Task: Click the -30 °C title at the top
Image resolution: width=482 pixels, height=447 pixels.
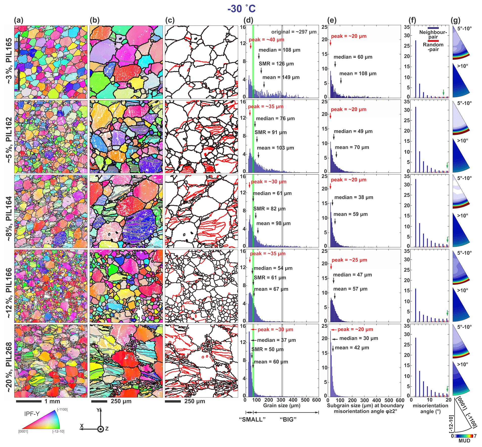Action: coord(241,9)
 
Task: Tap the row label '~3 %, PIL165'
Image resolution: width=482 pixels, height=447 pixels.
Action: coord(9,61)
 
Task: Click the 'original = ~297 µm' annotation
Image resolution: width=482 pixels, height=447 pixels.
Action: coord(294,32)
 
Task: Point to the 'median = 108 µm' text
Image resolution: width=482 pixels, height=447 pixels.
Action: coord(279,50)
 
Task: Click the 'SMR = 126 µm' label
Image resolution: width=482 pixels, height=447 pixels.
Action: coord(276,64)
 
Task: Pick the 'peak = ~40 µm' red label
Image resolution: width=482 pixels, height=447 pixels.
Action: coord(266,40)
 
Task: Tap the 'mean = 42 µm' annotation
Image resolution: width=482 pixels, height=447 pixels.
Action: coord(352,348)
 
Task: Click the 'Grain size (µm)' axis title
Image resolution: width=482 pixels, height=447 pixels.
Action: coord(282,406)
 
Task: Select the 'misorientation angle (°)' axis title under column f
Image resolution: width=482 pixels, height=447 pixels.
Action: coord(430,408)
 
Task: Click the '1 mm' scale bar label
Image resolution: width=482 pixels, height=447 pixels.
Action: coord(52,401)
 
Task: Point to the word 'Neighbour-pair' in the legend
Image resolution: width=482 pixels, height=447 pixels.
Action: coord(433,34)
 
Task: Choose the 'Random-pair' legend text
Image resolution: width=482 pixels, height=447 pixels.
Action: coord(433,47)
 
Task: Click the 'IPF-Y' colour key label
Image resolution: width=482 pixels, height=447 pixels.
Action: coord(32,414)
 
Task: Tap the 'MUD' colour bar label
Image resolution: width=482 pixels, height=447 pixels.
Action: coord(464,441)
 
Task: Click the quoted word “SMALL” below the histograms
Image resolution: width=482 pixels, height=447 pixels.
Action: coord(252,420)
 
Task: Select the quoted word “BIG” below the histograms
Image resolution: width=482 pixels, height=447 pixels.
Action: coord(288,420)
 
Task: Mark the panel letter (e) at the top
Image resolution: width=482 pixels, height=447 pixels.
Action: coord(332,20)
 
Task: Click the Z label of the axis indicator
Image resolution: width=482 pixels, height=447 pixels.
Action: coord(107,429)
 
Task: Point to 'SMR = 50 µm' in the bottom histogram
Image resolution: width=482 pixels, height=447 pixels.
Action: coord(267,349)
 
